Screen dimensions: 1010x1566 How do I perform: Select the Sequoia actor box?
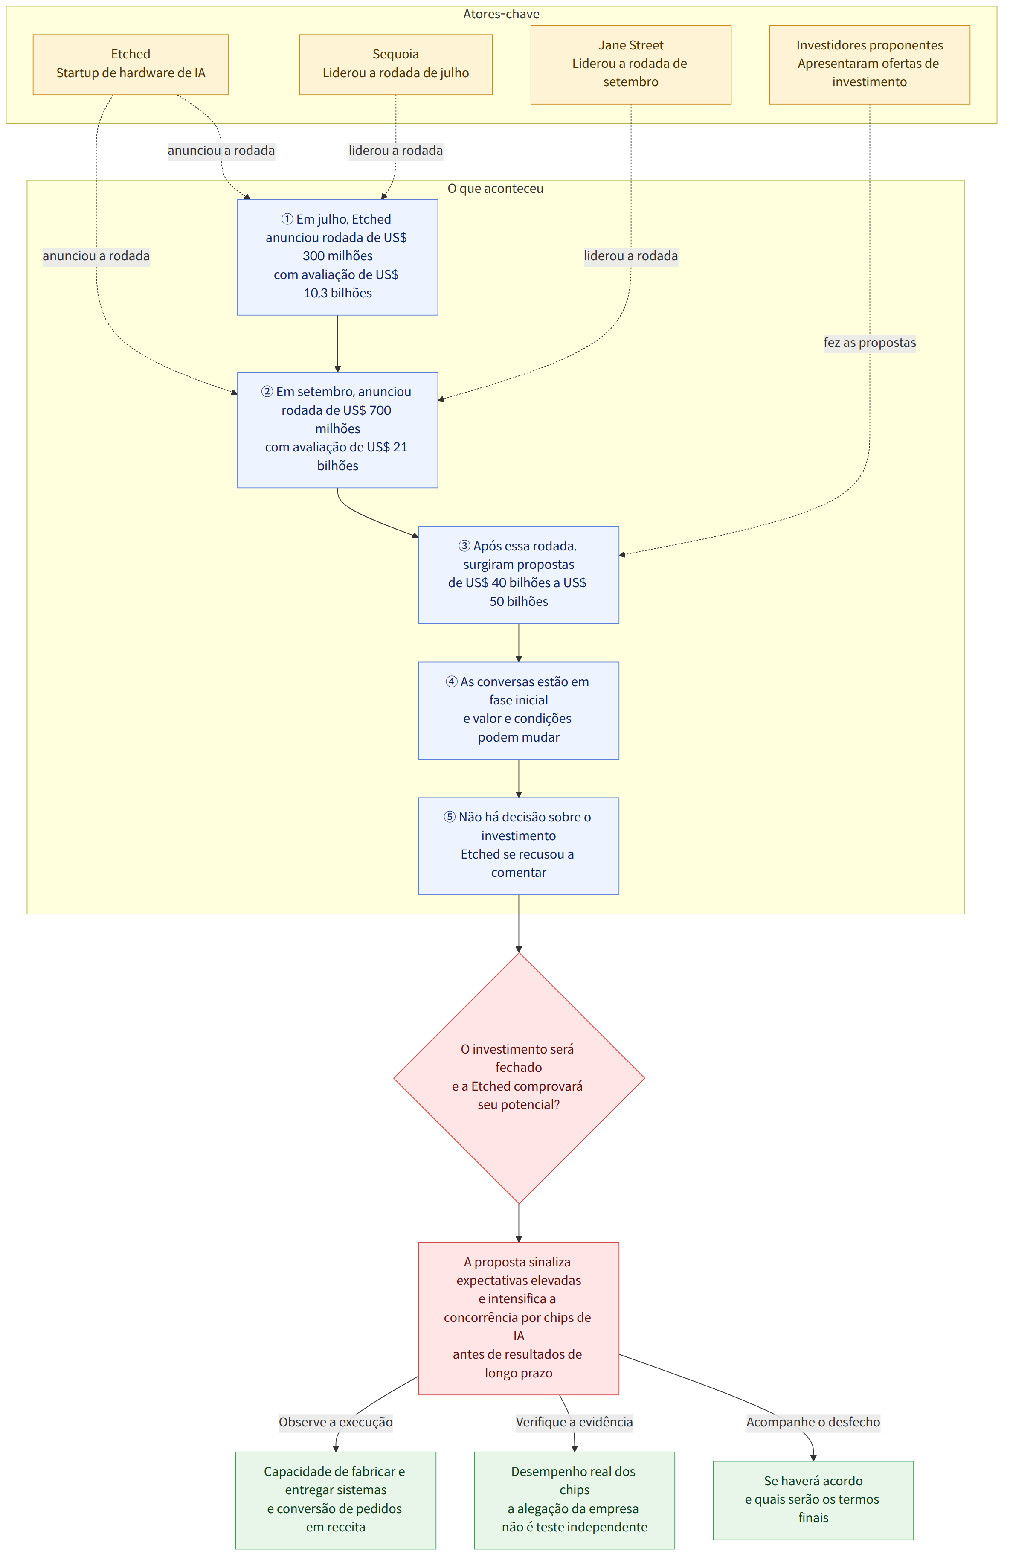click(x=395, y=64)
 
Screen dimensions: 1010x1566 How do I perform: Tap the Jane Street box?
click(x=630, y=64)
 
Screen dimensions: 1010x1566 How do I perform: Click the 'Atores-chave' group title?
click(x=501, y=14)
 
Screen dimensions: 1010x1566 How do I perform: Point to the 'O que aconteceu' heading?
click(x=495, y=188)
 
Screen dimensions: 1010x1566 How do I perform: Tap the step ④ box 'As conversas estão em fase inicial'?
click(x=518, y=710)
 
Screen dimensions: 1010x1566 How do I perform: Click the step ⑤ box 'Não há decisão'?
click(x=518, y=846)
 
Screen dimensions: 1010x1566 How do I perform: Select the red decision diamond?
click(x=519, y=1078)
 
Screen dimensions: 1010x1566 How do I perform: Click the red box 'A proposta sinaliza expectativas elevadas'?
click(x=518, y=1318)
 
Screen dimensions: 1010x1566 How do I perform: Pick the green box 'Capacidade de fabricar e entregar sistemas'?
click(x=335, y=1500)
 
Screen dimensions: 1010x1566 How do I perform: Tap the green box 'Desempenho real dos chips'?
click(x=575, y=1500)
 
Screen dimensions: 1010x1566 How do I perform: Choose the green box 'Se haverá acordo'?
click(x=813, y=1500)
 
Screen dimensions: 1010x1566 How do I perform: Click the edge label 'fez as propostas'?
click(x=870, y=343)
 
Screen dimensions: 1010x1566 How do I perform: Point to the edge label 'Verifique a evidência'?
click(x=575, y=1422)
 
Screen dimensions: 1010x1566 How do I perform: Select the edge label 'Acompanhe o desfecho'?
click(x=813, y=1422)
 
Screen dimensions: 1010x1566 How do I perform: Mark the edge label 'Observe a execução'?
click(x=336, y=1422)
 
